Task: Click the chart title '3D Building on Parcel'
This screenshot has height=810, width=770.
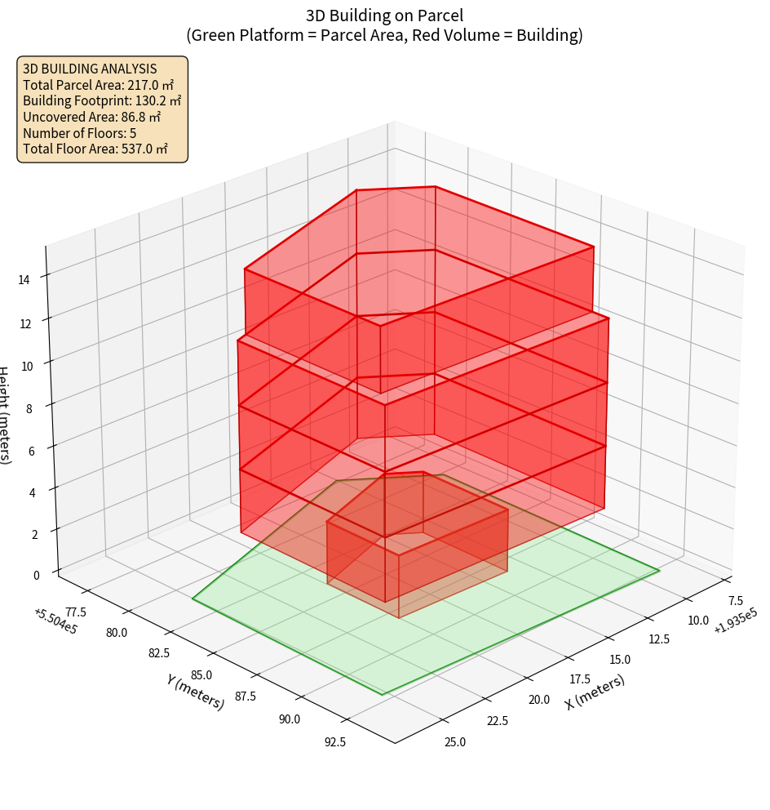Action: tap(384, 15)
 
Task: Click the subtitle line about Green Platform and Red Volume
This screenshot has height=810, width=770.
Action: tap(384, 35)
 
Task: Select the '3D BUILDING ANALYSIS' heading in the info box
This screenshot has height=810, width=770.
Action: tap(90, 69)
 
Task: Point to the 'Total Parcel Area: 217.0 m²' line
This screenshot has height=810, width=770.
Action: tap(98, 85)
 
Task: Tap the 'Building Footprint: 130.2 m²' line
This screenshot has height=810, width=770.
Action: tap(102, 100)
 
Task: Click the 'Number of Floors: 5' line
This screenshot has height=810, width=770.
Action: tap(80, 133)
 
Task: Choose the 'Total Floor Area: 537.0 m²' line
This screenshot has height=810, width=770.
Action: tap(95, 149)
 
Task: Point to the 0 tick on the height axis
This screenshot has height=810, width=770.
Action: tap(35, 575)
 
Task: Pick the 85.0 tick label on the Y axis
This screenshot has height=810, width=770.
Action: tap(201, 675)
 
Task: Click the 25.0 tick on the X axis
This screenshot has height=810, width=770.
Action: tap(455, 741)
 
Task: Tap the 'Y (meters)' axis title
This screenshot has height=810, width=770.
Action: tap(196, 692)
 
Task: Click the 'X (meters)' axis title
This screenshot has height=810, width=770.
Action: tap(595, 692)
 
